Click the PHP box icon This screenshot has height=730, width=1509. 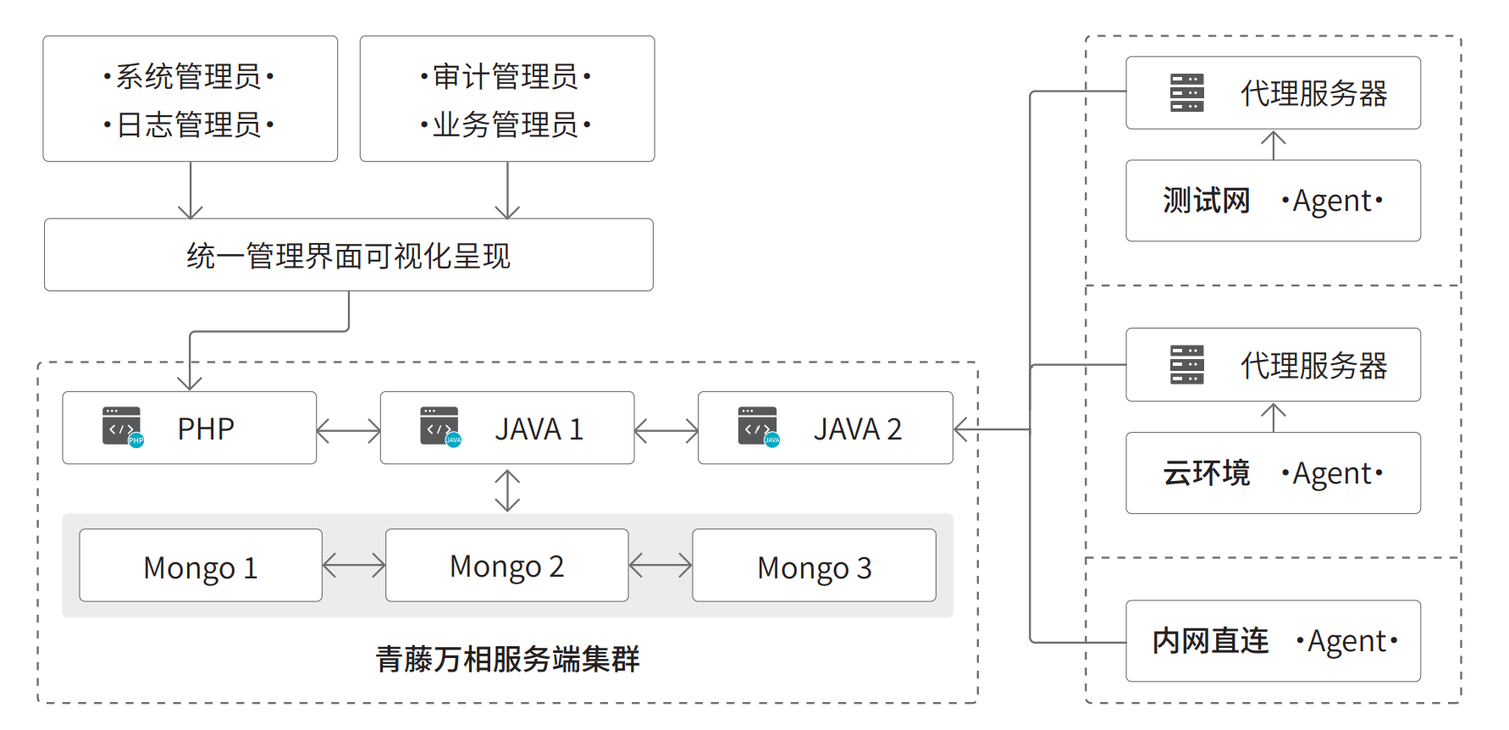pyautogui.click(x=123, y=427)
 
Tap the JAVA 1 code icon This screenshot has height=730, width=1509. pyautogui.click(x=440, y=427)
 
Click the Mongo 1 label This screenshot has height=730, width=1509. pyautogui.click(x=201, y=567)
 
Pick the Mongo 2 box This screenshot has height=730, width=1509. pyautogui.click(x=506, y=565)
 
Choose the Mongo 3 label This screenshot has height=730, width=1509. pyautogui.click(x=815, y=567)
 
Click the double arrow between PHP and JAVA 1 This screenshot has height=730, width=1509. pyautogui.click(x=348, y=431)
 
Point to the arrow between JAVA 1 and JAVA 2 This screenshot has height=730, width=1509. pyautogui.click(x=666, y=431)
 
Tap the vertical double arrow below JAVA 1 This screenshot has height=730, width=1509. pyautogui.click(x=507, y=490)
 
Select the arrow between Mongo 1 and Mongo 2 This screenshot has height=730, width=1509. pyautogui.click(x=354, y=565)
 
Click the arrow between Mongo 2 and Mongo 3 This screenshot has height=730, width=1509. pyautogui.click(x=661, y=565)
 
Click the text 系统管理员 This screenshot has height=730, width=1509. pyautogui.click(x=188, y=76)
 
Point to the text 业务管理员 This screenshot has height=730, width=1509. pyautogui.click(x=506, y=124)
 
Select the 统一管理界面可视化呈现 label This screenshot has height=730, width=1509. pyautogui.click(x=349, y=256)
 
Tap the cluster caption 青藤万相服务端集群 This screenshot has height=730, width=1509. pyautogui.click(x=508, y=658)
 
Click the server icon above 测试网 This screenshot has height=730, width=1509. pyautogui.click(x=1187, y=92)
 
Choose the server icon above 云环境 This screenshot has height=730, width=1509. pyautogui.click(x=1187, y=364)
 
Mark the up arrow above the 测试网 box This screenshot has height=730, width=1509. pyautogui.click(x=1274, y=145)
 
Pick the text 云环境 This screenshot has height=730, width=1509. pyautogui.click(x=1207, y=473)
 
